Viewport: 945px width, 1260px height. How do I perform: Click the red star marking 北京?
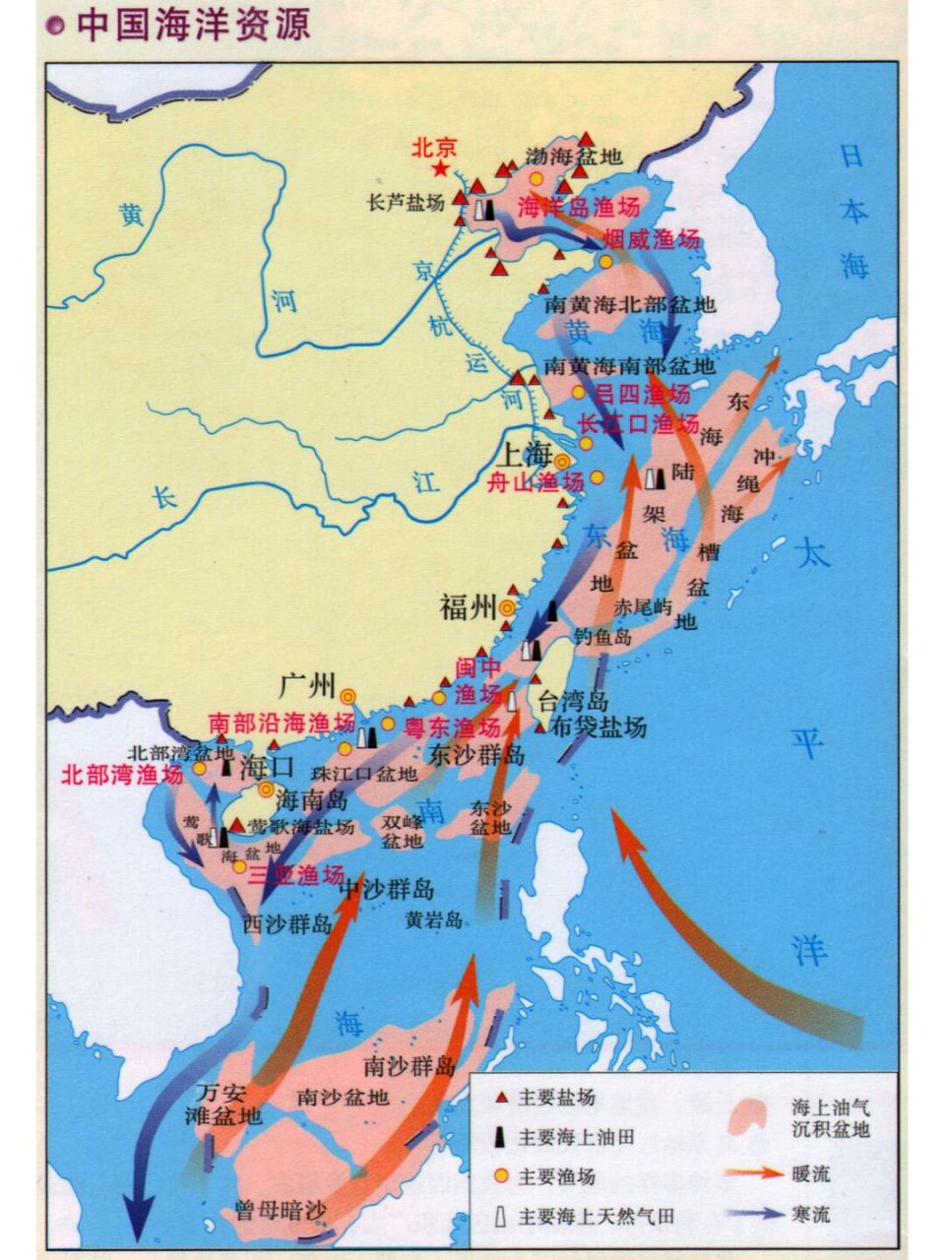440,170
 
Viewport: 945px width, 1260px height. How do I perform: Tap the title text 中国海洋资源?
192,25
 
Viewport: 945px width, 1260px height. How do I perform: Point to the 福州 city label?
468,608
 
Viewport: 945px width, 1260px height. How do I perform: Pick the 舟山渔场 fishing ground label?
535,482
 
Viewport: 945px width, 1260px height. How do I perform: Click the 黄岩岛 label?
434,919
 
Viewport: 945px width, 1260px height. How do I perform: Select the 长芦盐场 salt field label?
405,202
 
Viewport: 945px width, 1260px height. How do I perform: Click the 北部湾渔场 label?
122,775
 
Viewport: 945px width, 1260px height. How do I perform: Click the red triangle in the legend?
500,1098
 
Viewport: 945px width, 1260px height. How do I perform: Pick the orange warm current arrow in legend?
754,1172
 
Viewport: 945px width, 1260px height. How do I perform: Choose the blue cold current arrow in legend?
754,1214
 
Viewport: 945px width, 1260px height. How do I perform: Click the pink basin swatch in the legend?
758,1116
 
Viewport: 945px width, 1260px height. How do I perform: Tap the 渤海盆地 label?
574,156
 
